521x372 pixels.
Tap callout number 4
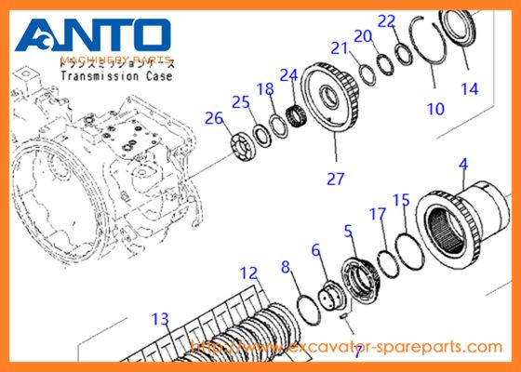pos(461,166)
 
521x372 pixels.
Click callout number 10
pos(434,109)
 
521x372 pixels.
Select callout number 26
pos(214,119)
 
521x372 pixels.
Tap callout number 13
pos(161,319)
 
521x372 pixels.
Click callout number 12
pos(247,273)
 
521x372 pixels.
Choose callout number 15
pos(401,199)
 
